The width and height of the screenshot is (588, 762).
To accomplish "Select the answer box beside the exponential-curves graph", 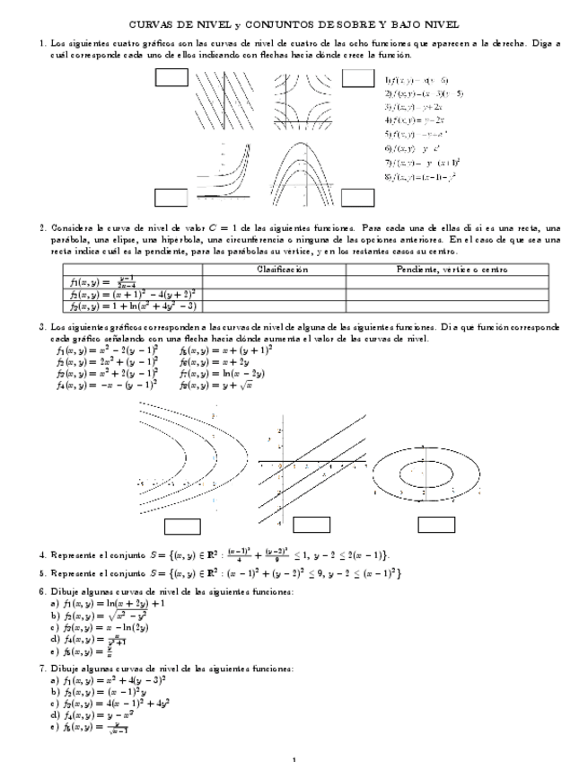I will (x=171, y=197).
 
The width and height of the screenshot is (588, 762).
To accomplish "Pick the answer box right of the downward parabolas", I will (x=359, y=197).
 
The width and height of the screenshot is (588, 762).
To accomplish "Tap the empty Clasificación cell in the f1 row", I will (x=274, y=281).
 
